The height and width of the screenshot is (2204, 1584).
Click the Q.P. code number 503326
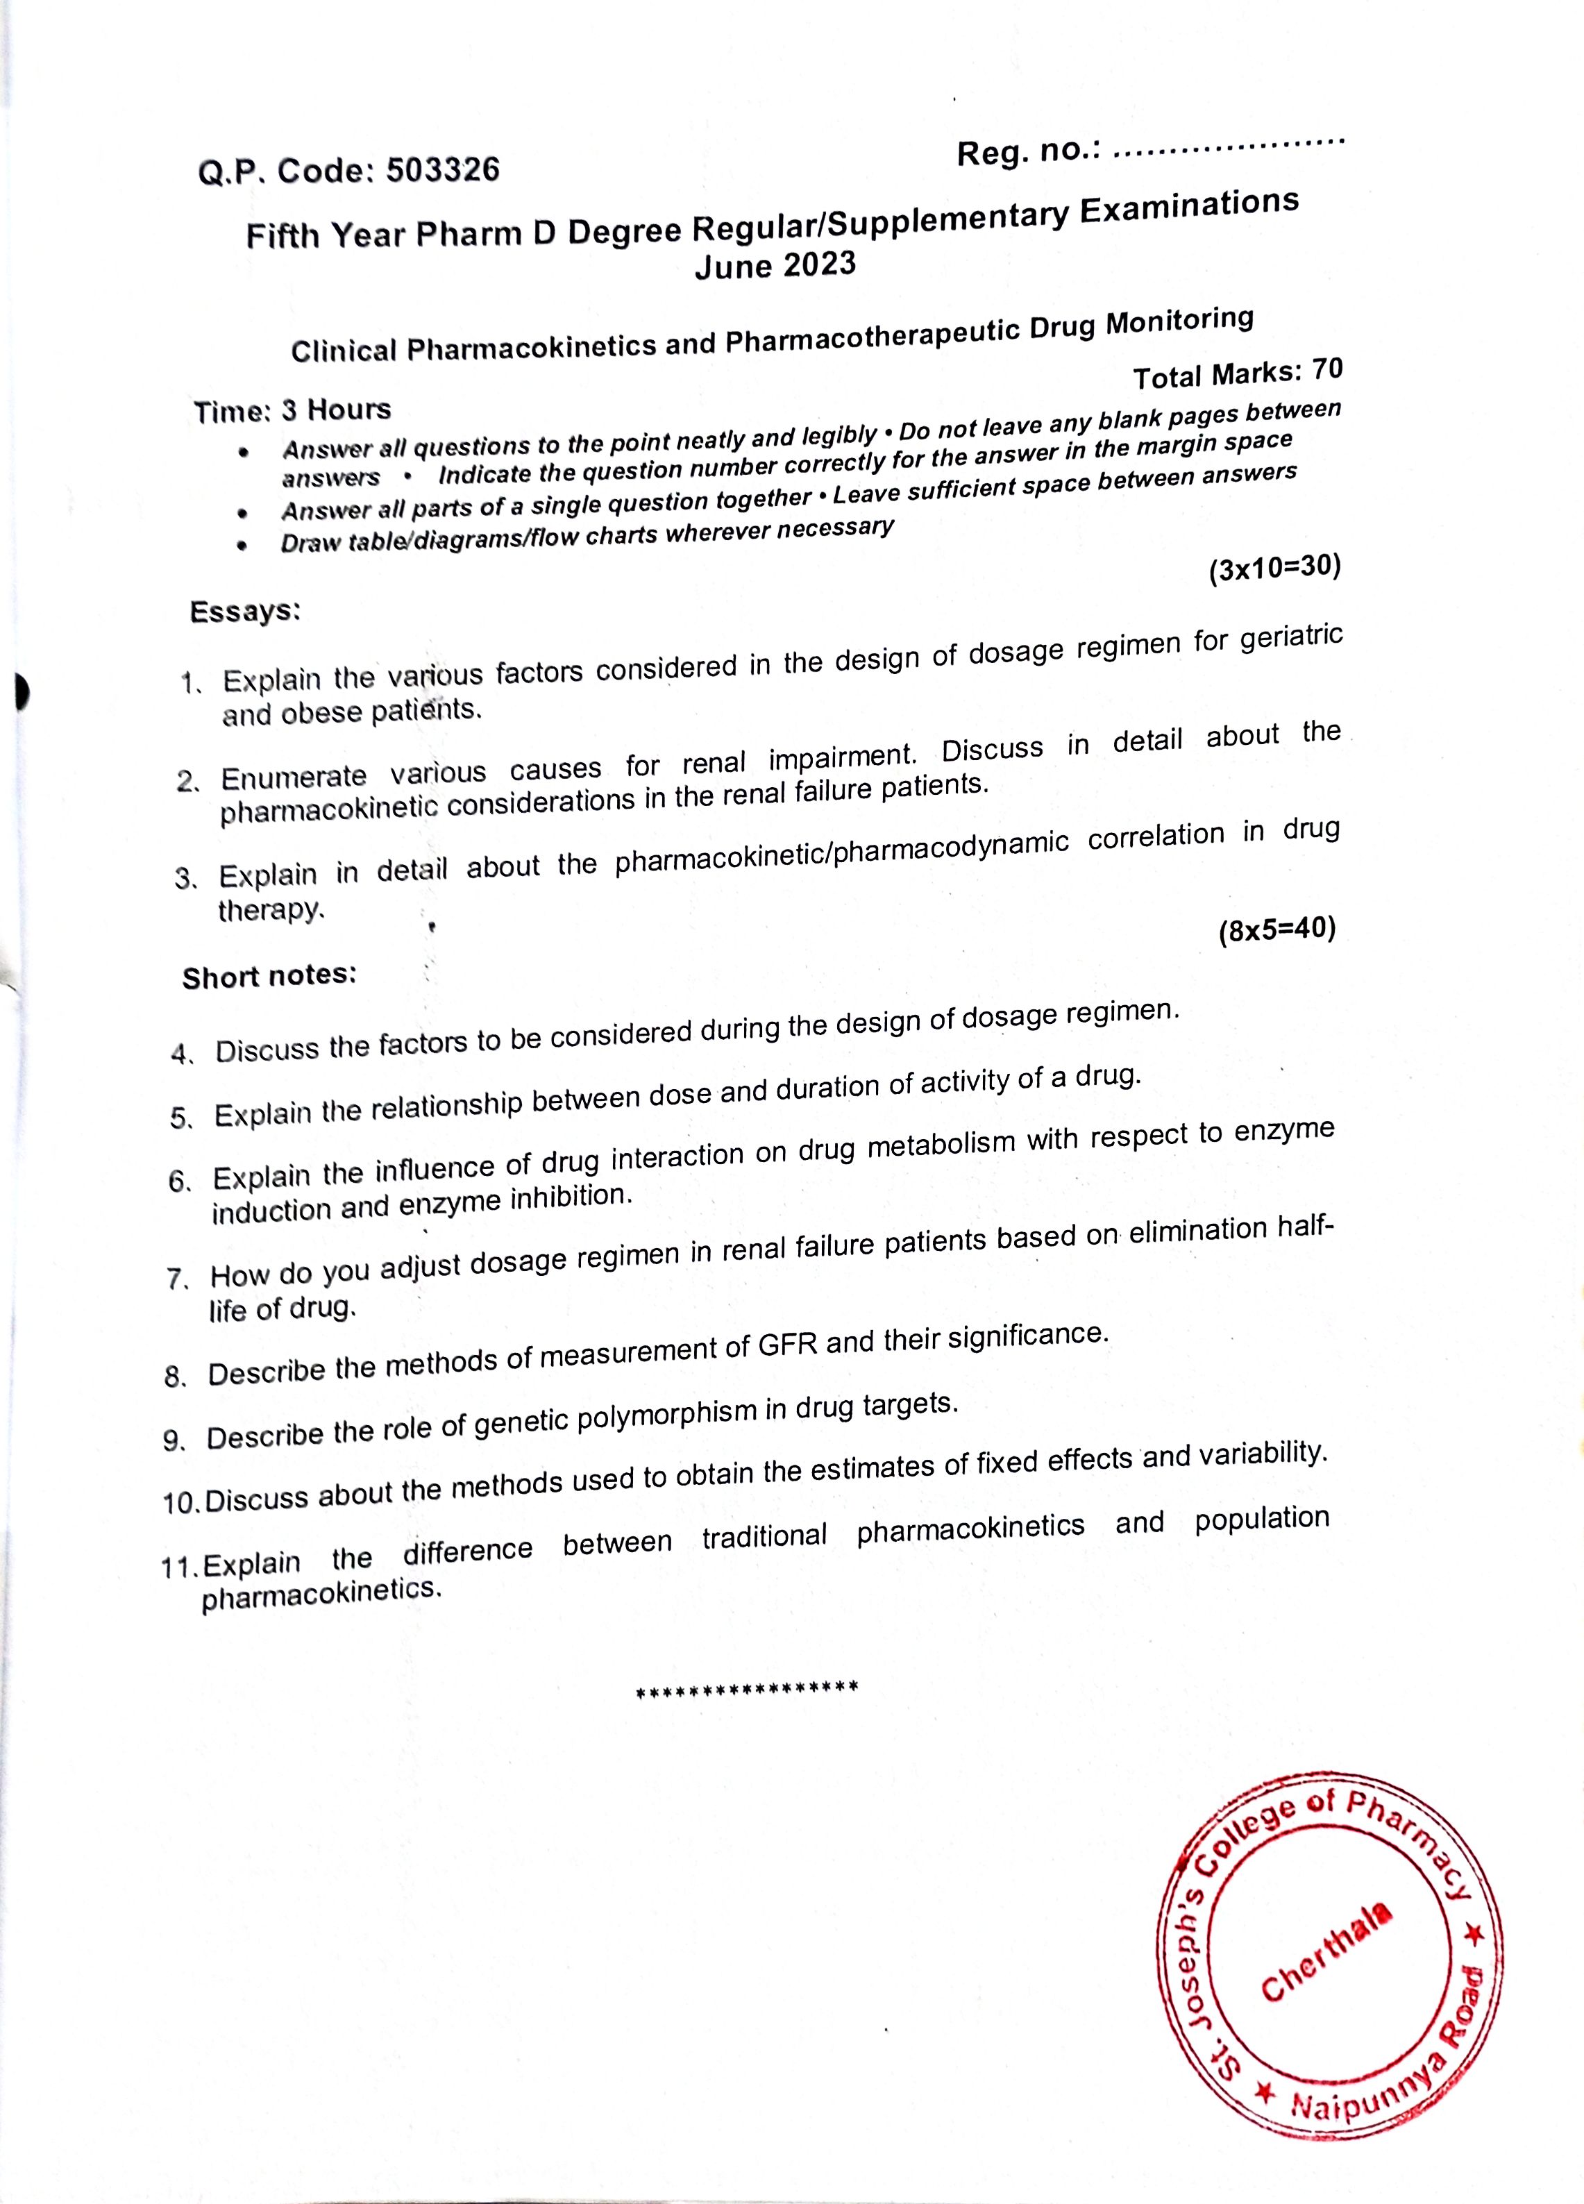click(442, 170)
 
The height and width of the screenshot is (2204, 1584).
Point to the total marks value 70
click(1326, 369)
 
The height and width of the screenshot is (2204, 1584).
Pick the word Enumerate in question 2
click(294, 777)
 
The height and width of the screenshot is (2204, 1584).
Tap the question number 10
click(180, 1502)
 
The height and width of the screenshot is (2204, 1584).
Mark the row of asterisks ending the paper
click(745, 1688)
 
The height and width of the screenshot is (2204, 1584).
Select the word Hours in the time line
click(349, 409)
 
